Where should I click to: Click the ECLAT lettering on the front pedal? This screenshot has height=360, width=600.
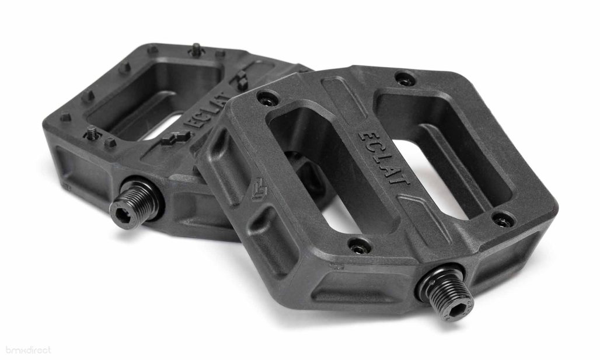click(383, 158)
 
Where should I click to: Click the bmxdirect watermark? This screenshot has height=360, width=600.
click(28, 349)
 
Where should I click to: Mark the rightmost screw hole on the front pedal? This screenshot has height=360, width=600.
click(503, 221)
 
